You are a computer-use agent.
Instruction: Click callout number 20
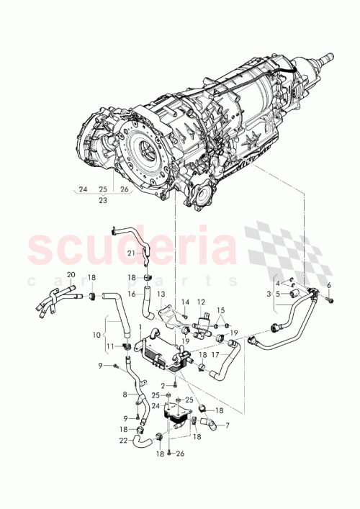(71, 275)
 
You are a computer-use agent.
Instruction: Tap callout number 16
(132, 294)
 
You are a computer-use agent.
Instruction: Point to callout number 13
(161, 294)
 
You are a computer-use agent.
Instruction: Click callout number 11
(109, 346)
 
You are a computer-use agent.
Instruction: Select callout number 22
(123, 440)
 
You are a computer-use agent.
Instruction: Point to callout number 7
(228, 426)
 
